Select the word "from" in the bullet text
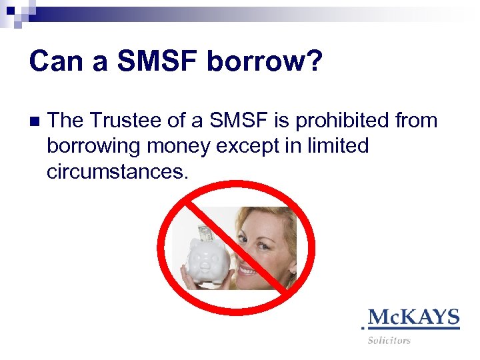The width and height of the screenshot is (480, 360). [x=419, y=121]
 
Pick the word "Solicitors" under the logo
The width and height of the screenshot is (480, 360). [x=389, y=340]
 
